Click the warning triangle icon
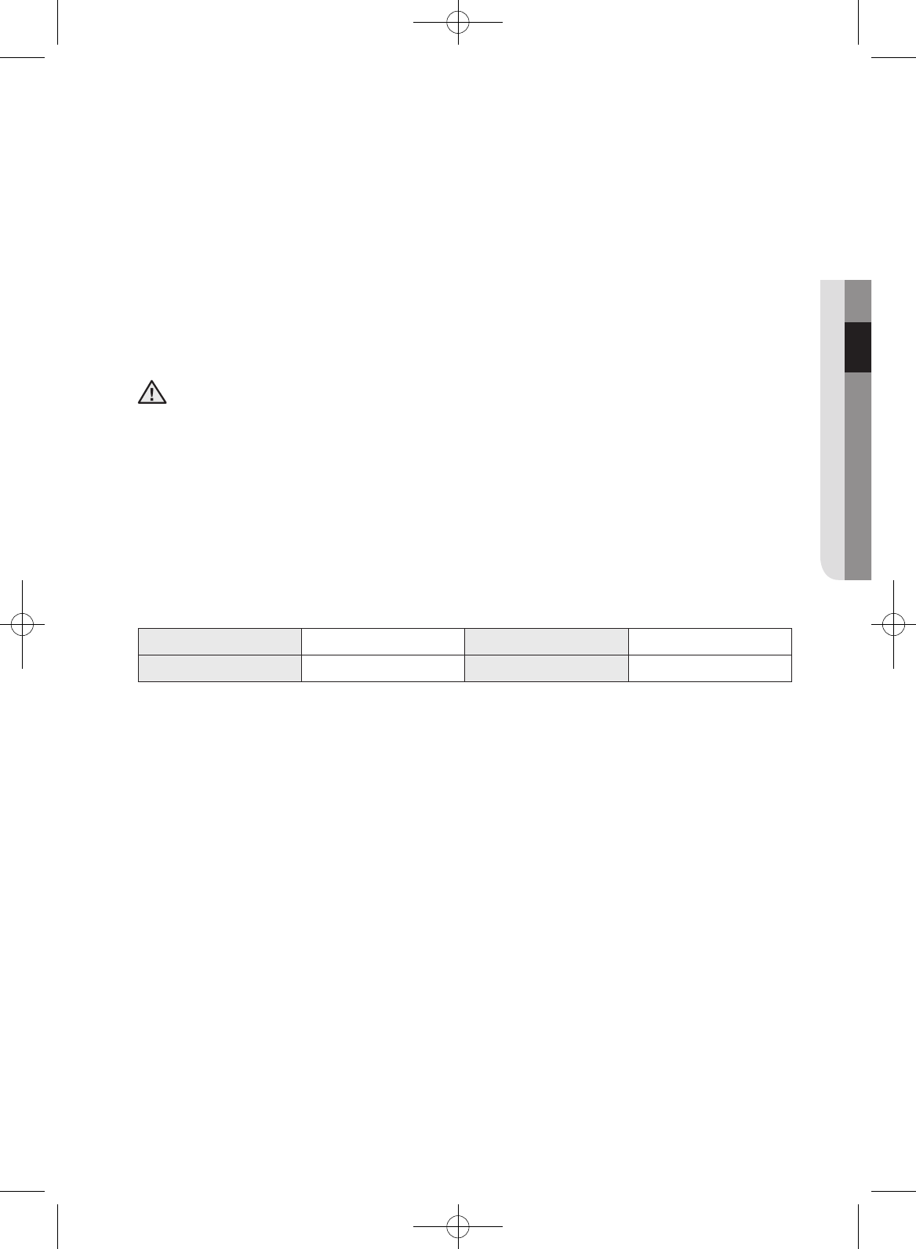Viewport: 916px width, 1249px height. [152, 392]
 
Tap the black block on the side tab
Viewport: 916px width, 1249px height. [858, 347]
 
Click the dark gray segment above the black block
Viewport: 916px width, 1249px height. [858, 301]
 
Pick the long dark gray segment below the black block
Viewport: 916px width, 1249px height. [858, 476]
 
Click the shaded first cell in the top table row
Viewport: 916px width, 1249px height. [220, 641]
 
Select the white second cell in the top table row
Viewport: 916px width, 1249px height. [383, 641]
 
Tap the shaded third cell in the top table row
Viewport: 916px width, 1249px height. [547, 641]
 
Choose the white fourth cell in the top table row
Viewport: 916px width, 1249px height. [710, 641]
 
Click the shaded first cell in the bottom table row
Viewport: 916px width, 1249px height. [220, 668]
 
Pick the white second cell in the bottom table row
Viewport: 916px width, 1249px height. [383, 668]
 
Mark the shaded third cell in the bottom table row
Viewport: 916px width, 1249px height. [547, 668]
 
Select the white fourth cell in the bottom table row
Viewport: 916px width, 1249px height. [710, 668]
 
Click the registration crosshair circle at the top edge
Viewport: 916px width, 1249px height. [457, 24]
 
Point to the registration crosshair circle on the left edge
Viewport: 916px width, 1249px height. [23, 623]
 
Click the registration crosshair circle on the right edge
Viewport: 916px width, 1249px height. [893, 623]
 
